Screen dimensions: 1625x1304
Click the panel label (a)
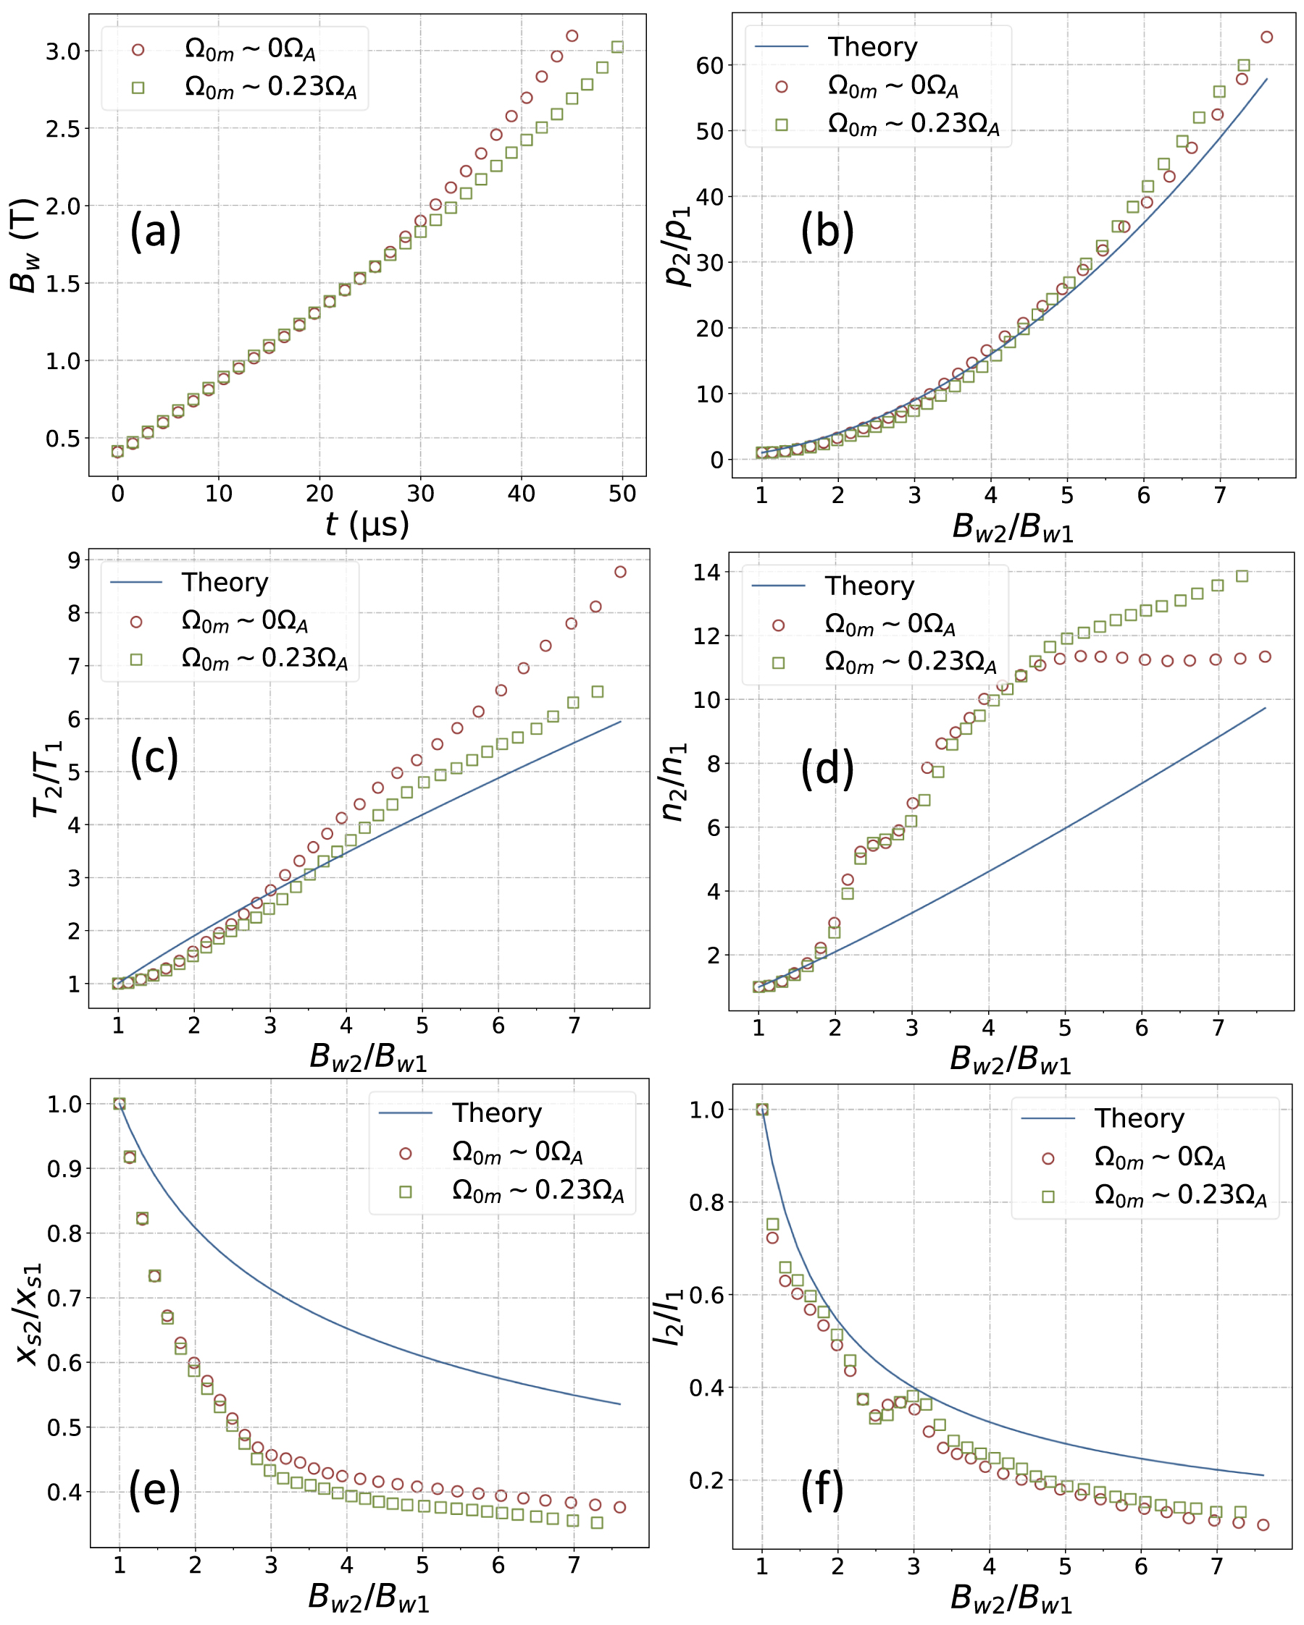click(x=155, y=232)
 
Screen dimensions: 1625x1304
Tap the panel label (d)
click(x=827, y=769)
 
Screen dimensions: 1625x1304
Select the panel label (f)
click(x=822, y=1490)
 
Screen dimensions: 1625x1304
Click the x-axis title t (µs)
click(x=367, y=523)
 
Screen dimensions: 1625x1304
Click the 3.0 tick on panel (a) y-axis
click(x=62, y=51)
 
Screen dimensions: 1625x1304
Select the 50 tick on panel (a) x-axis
click(x=622, y=494)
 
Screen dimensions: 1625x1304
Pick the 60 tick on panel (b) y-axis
click(x=710, y=66)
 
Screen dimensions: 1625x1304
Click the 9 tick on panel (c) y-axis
click(x=74, y=560)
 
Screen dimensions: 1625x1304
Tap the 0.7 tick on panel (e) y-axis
click(x=62, y=1298)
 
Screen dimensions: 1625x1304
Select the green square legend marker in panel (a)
click(x=138, y=88)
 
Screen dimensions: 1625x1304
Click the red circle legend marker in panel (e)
click(x=406, y=1154)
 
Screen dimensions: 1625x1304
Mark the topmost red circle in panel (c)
click(x=620, y=571)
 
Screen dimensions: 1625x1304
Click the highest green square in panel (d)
click(x=1242, y=577)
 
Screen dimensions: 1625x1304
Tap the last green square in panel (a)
click(x=617, y=47)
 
